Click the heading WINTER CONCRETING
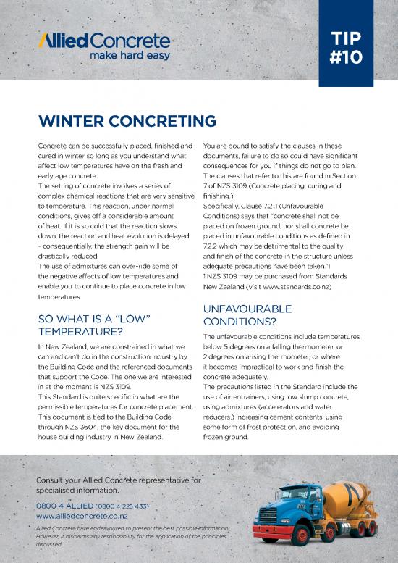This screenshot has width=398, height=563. click(x=127, y=120)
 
